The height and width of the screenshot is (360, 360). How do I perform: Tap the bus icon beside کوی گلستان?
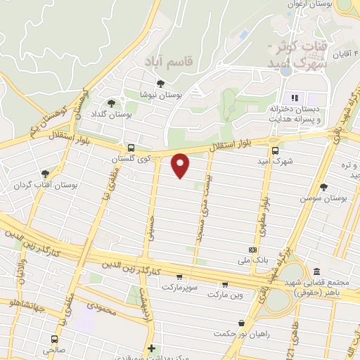pyautogui.click(x=131, y=148)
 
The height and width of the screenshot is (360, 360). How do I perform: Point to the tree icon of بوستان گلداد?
pyautogui.click(x=111, y=103)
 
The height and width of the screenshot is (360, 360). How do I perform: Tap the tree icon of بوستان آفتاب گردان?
pyautogui.click(x=46, y=173)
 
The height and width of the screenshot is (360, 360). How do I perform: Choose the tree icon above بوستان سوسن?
pyautogui.click(x=323, y=186)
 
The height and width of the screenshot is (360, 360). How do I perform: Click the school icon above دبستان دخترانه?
pyautogui.click(x=295, y=98)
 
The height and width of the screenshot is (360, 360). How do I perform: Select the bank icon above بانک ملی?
pyautogui.click(x=252, y=250)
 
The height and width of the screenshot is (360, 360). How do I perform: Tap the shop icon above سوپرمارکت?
pyautogui.click(x=180, y=277)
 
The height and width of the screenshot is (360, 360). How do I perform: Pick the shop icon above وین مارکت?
pyautogui.click(x=224, y=285)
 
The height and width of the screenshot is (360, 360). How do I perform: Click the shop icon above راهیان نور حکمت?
pyautogui.click(x=241, y=323)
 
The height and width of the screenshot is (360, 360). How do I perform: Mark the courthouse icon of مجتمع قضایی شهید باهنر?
pyautogui.click(x=316, y=271)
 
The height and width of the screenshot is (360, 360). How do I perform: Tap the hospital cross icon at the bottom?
pyautogui.click(x=151, y=348)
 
